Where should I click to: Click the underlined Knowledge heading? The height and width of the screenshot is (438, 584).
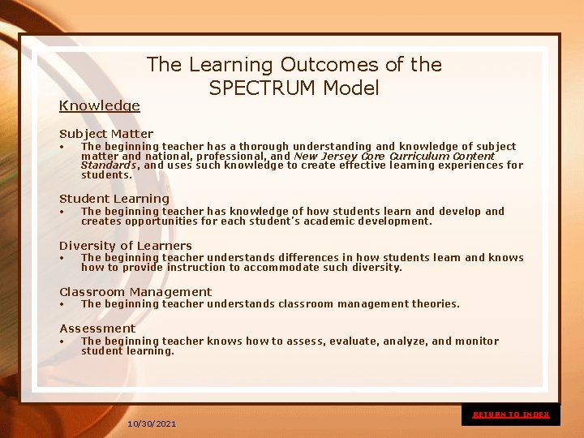[x=100, y=105]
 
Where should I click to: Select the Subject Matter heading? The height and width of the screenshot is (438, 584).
[x=106, y=134]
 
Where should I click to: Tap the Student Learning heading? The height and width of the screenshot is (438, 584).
[x=114, y=199]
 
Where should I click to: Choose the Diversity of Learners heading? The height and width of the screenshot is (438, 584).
[x=126, y=246]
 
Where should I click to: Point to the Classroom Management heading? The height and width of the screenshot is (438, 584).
[x=135, y=292]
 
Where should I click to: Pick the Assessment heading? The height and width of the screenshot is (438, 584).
[x=97, y=328]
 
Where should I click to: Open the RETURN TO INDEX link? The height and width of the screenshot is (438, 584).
[x=511, y=414]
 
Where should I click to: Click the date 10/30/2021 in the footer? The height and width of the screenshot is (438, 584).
[x=152, y=424]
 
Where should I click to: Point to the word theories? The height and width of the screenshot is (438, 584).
[x=435, y=304]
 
